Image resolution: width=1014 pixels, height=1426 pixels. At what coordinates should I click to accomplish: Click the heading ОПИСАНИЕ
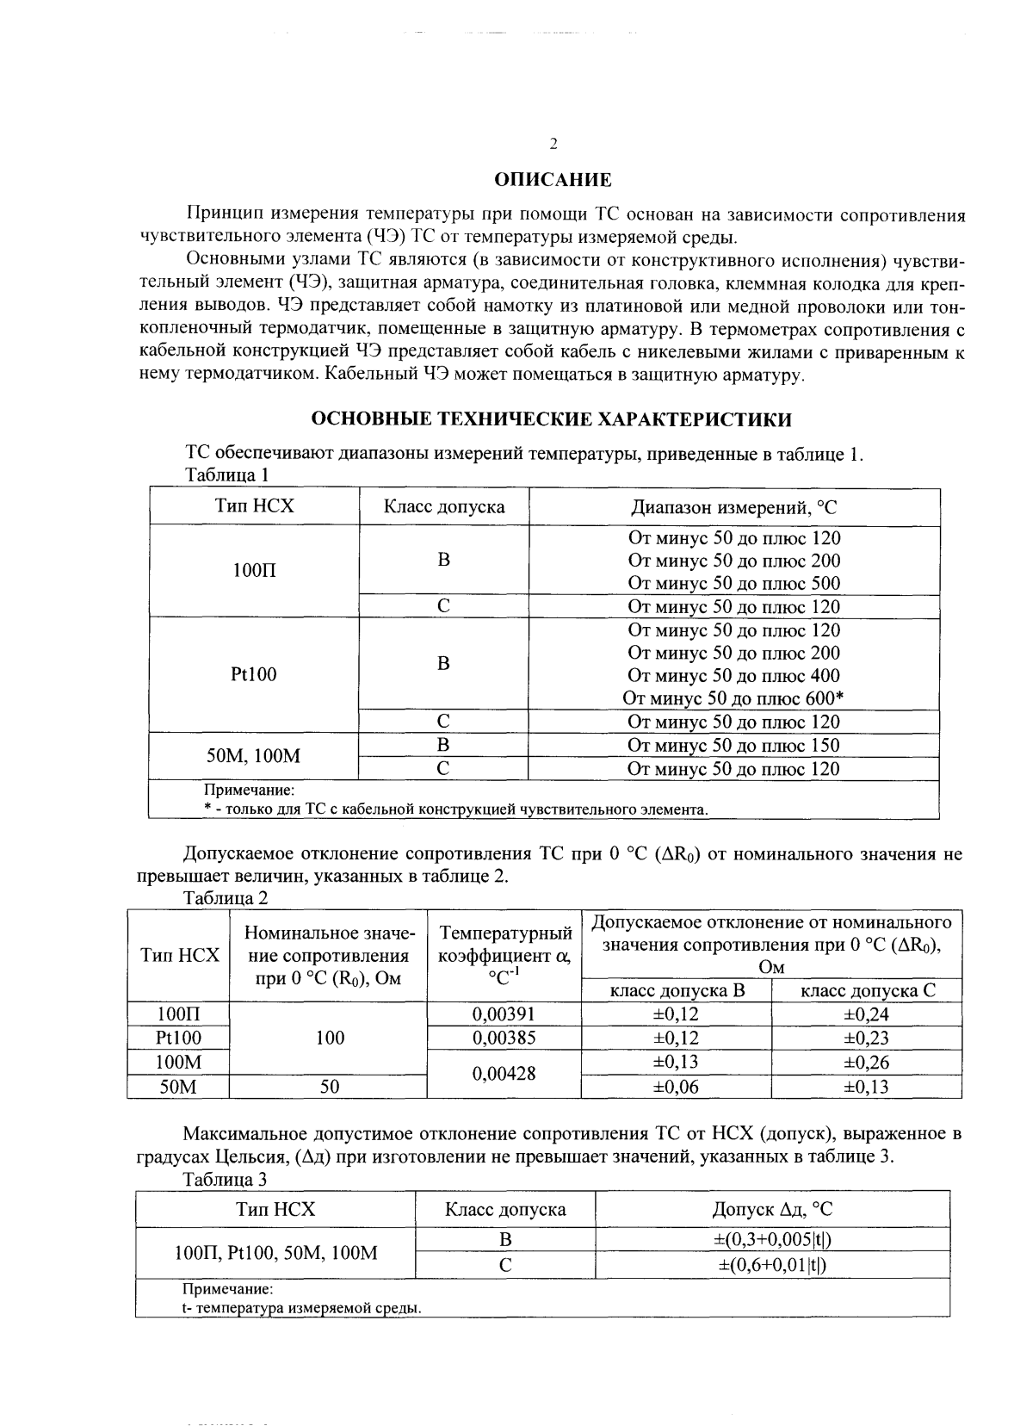point(553,180)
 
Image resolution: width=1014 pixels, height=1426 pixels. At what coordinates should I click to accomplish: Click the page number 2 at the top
point(553,143)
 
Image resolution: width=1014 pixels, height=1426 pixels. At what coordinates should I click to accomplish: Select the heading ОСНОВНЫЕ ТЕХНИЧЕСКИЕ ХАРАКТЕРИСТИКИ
point(551,419)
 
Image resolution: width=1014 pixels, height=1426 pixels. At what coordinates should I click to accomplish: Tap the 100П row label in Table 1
point(255,570)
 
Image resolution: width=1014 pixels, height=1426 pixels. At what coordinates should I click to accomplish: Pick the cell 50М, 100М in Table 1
point(254,756)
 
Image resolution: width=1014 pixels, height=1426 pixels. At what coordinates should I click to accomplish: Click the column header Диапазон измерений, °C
point(733,507)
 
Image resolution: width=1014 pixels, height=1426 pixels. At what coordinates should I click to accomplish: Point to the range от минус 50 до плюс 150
point(733,745)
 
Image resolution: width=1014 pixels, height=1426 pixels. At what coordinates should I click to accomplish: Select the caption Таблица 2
point(226,898)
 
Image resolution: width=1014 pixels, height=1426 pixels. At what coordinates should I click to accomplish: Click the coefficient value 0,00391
point(504,1014)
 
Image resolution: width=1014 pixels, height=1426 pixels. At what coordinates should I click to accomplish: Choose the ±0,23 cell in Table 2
point(866,1038)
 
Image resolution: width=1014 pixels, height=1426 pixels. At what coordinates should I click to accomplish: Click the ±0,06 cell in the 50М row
point(676,1087)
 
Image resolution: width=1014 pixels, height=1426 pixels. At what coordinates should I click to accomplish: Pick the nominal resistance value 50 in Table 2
point(330,1087)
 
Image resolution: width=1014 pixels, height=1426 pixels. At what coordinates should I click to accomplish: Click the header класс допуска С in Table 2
point(867,990)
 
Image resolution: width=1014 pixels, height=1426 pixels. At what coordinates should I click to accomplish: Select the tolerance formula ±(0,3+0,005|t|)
point(772,1239)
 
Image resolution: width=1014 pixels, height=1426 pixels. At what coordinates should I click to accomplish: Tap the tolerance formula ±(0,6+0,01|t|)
point(772,1264)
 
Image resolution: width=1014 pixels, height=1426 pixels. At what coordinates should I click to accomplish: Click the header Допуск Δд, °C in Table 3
point(772,1209)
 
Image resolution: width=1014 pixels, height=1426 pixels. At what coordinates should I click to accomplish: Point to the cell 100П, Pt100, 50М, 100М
point(275,1252)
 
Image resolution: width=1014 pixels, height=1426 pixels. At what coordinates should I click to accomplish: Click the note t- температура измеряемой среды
point(301,1308)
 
